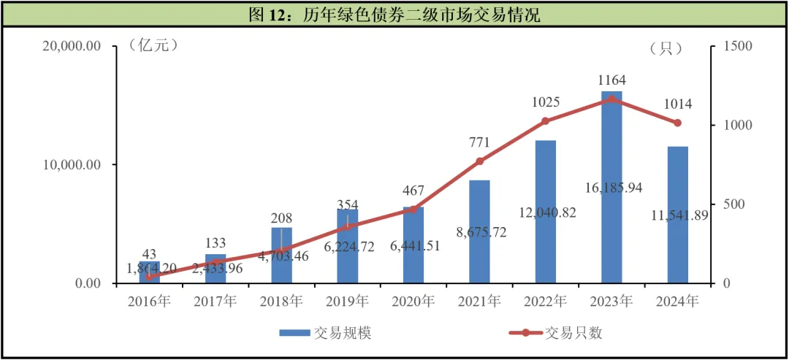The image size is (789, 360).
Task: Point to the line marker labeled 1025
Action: coord(545,121)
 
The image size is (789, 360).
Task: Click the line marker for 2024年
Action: coord(677,123)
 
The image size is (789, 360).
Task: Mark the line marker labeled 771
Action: coord(479,161)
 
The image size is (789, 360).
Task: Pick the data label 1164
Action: coord(611,80)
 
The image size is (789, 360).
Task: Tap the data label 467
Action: coord(413,191)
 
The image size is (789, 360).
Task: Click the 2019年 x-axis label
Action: coord(347,301)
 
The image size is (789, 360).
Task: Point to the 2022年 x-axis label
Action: coord(545,301)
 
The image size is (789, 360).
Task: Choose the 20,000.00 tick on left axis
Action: coord(72,47)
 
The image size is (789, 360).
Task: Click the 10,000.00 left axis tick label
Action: coord(72,165)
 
